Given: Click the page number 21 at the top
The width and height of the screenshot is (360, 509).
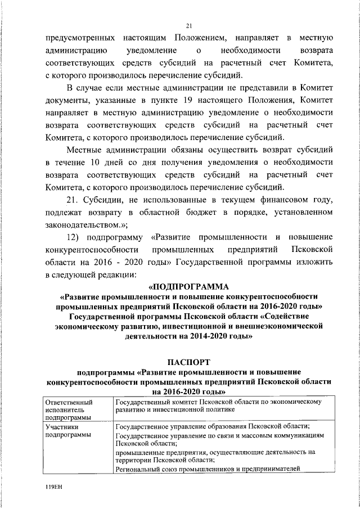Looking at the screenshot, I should click(x=189, y=25).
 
